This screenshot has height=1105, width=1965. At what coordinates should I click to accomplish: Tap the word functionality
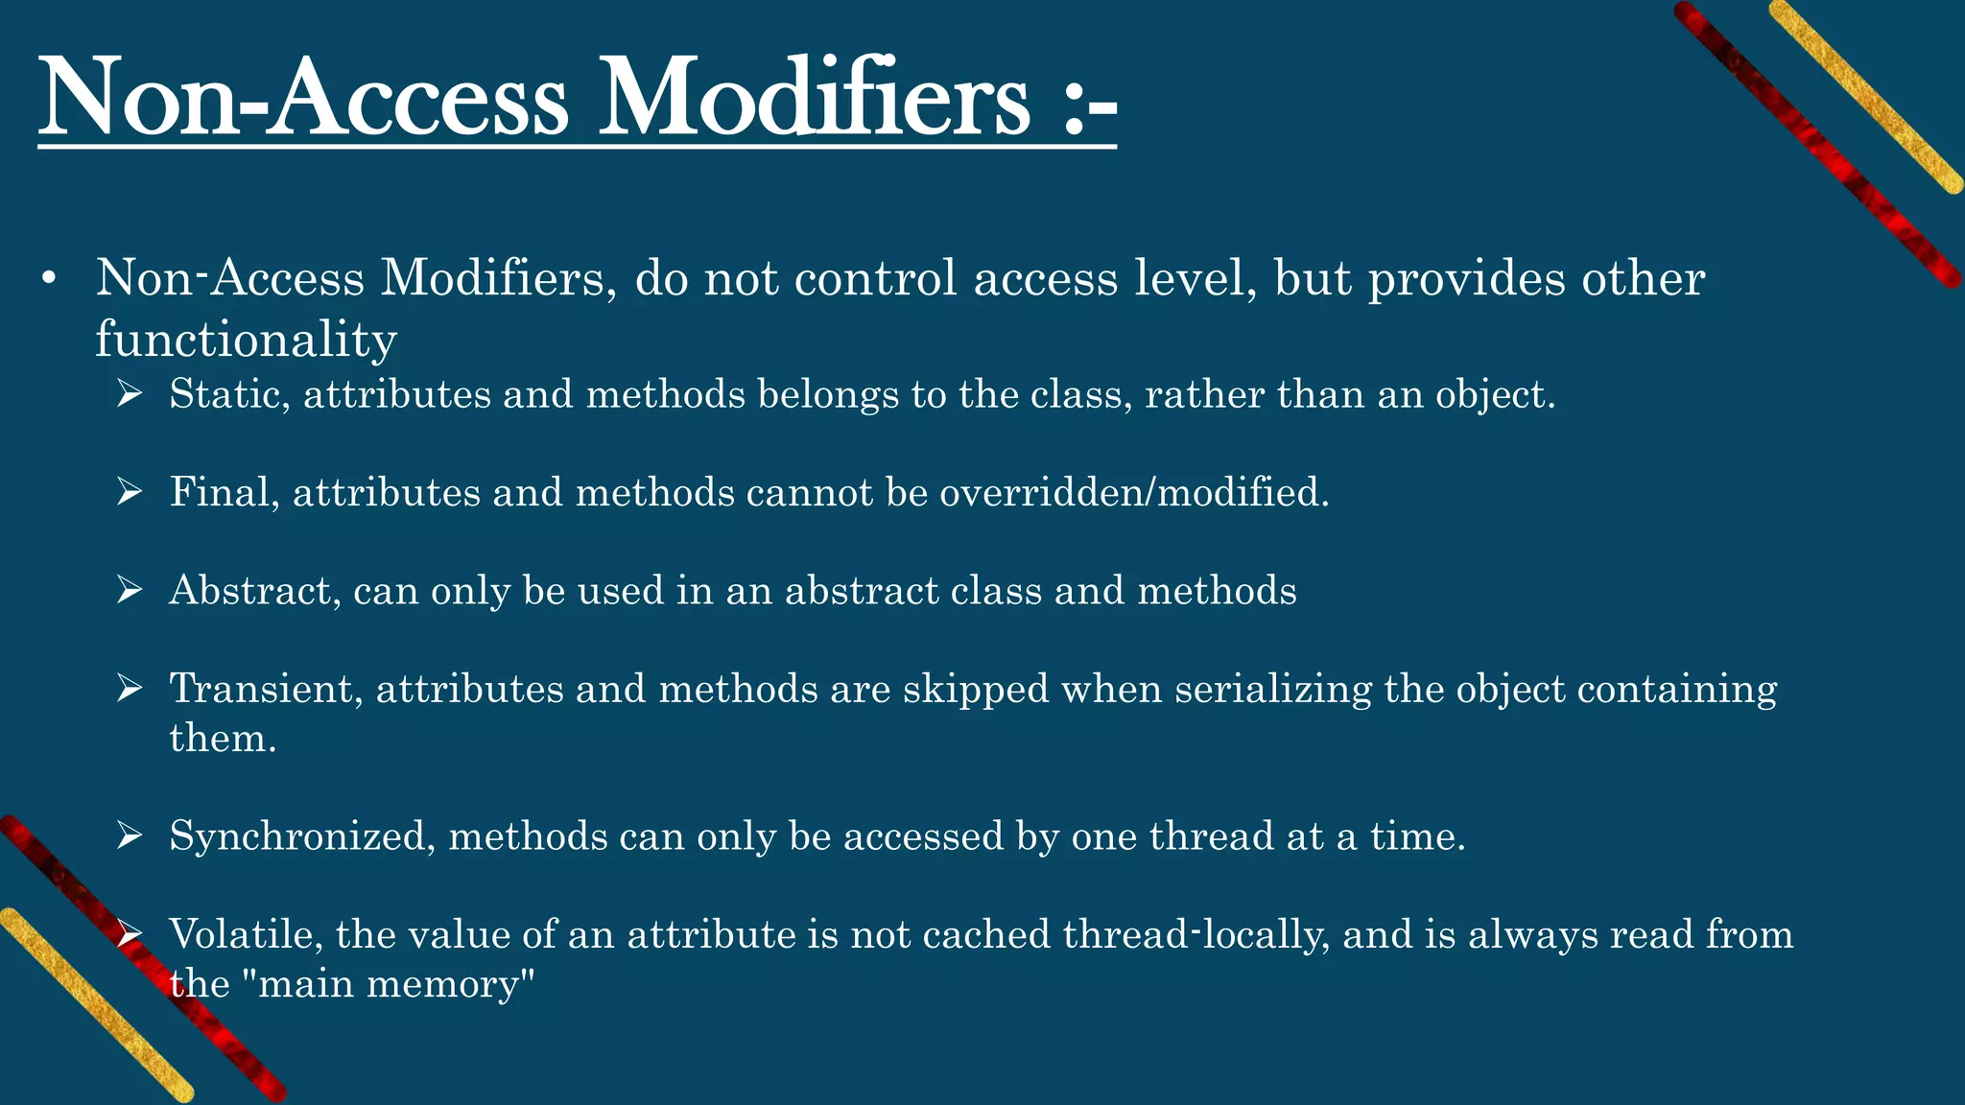click(x=246, y=339)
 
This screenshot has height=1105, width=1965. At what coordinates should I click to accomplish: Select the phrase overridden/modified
click(x=1133, y=492)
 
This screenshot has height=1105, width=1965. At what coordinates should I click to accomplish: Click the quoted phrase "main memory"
click(x=396, y=984)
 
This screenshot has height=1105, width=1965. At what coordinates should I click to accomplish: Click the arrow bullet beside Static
click(x=129, y=394)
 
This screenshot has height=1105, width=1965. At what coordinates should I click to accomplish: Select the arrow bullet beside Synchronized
click(x=129, y=836)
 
